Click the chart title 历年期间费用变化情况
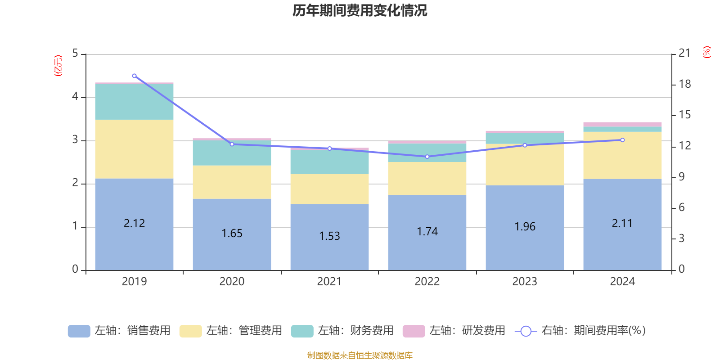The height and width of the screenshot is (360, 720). (360, 10)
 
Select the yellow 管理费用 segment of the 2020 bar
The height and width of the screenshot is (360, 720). (232, 182)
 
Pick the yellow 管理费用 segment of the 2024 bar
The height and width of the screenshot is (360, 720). (622, 155)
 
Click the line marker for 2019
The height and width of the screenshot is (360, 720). (134, 76)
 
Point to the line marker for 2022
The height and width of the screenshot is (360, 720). (427, 157)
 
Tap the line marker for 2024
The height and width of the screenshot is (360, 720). (622, 140)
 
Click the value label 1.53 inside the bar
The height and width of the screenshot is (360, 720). (329, 236)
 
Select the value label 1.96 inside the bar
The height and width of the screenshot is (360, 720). (525, 227)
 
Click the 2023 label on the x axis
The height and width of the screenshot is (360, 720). (525, 282)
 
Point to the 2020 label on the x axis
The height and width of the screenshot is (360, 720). (232, 282)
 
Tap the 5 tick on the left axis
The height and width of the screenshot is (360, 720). (75, 54)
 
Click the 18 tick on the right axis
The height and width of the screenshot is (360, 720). (684, 84)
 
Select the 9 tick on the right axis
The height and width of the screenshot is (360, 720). (681, 177)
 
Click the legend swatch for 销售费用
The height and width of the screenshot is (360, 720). (79, 331)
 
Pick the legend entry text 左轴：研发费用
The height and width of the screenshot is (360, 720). (467, 331)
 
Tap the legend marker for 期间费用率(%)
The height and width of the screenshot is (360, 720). (525, 331)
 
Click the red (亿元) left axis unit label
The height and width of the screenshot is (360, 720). (58, 66)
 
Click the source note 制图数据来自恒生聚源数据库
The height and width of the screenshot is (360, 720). (360, 355)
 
